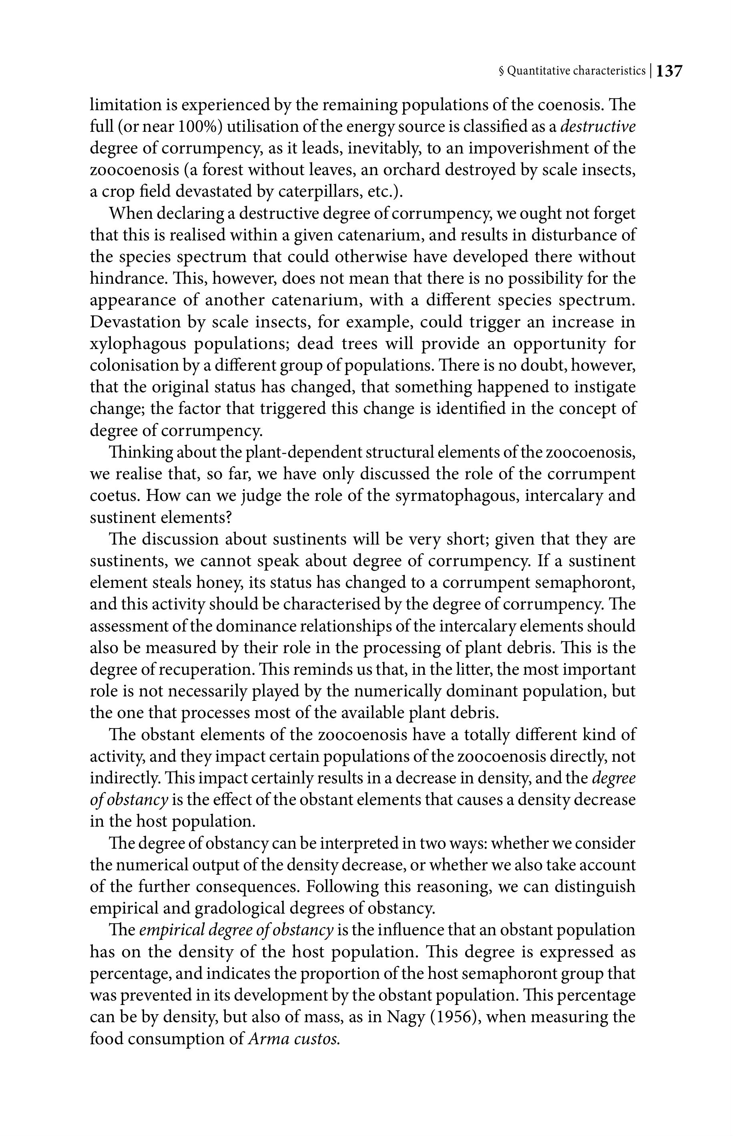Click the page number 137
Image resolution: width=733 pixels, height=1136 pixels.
tap(670, 71)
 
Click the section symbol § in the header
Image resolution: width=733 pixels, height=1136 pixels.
tap(501, 71)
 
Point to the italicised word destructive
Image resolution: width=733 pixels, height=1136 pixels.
tap(598, 127)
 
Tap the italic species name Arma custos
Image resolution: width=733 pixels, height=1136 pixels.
tap(294, 1039)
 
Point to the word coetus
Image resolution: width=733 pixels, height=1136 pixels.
tap(114, 496)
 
